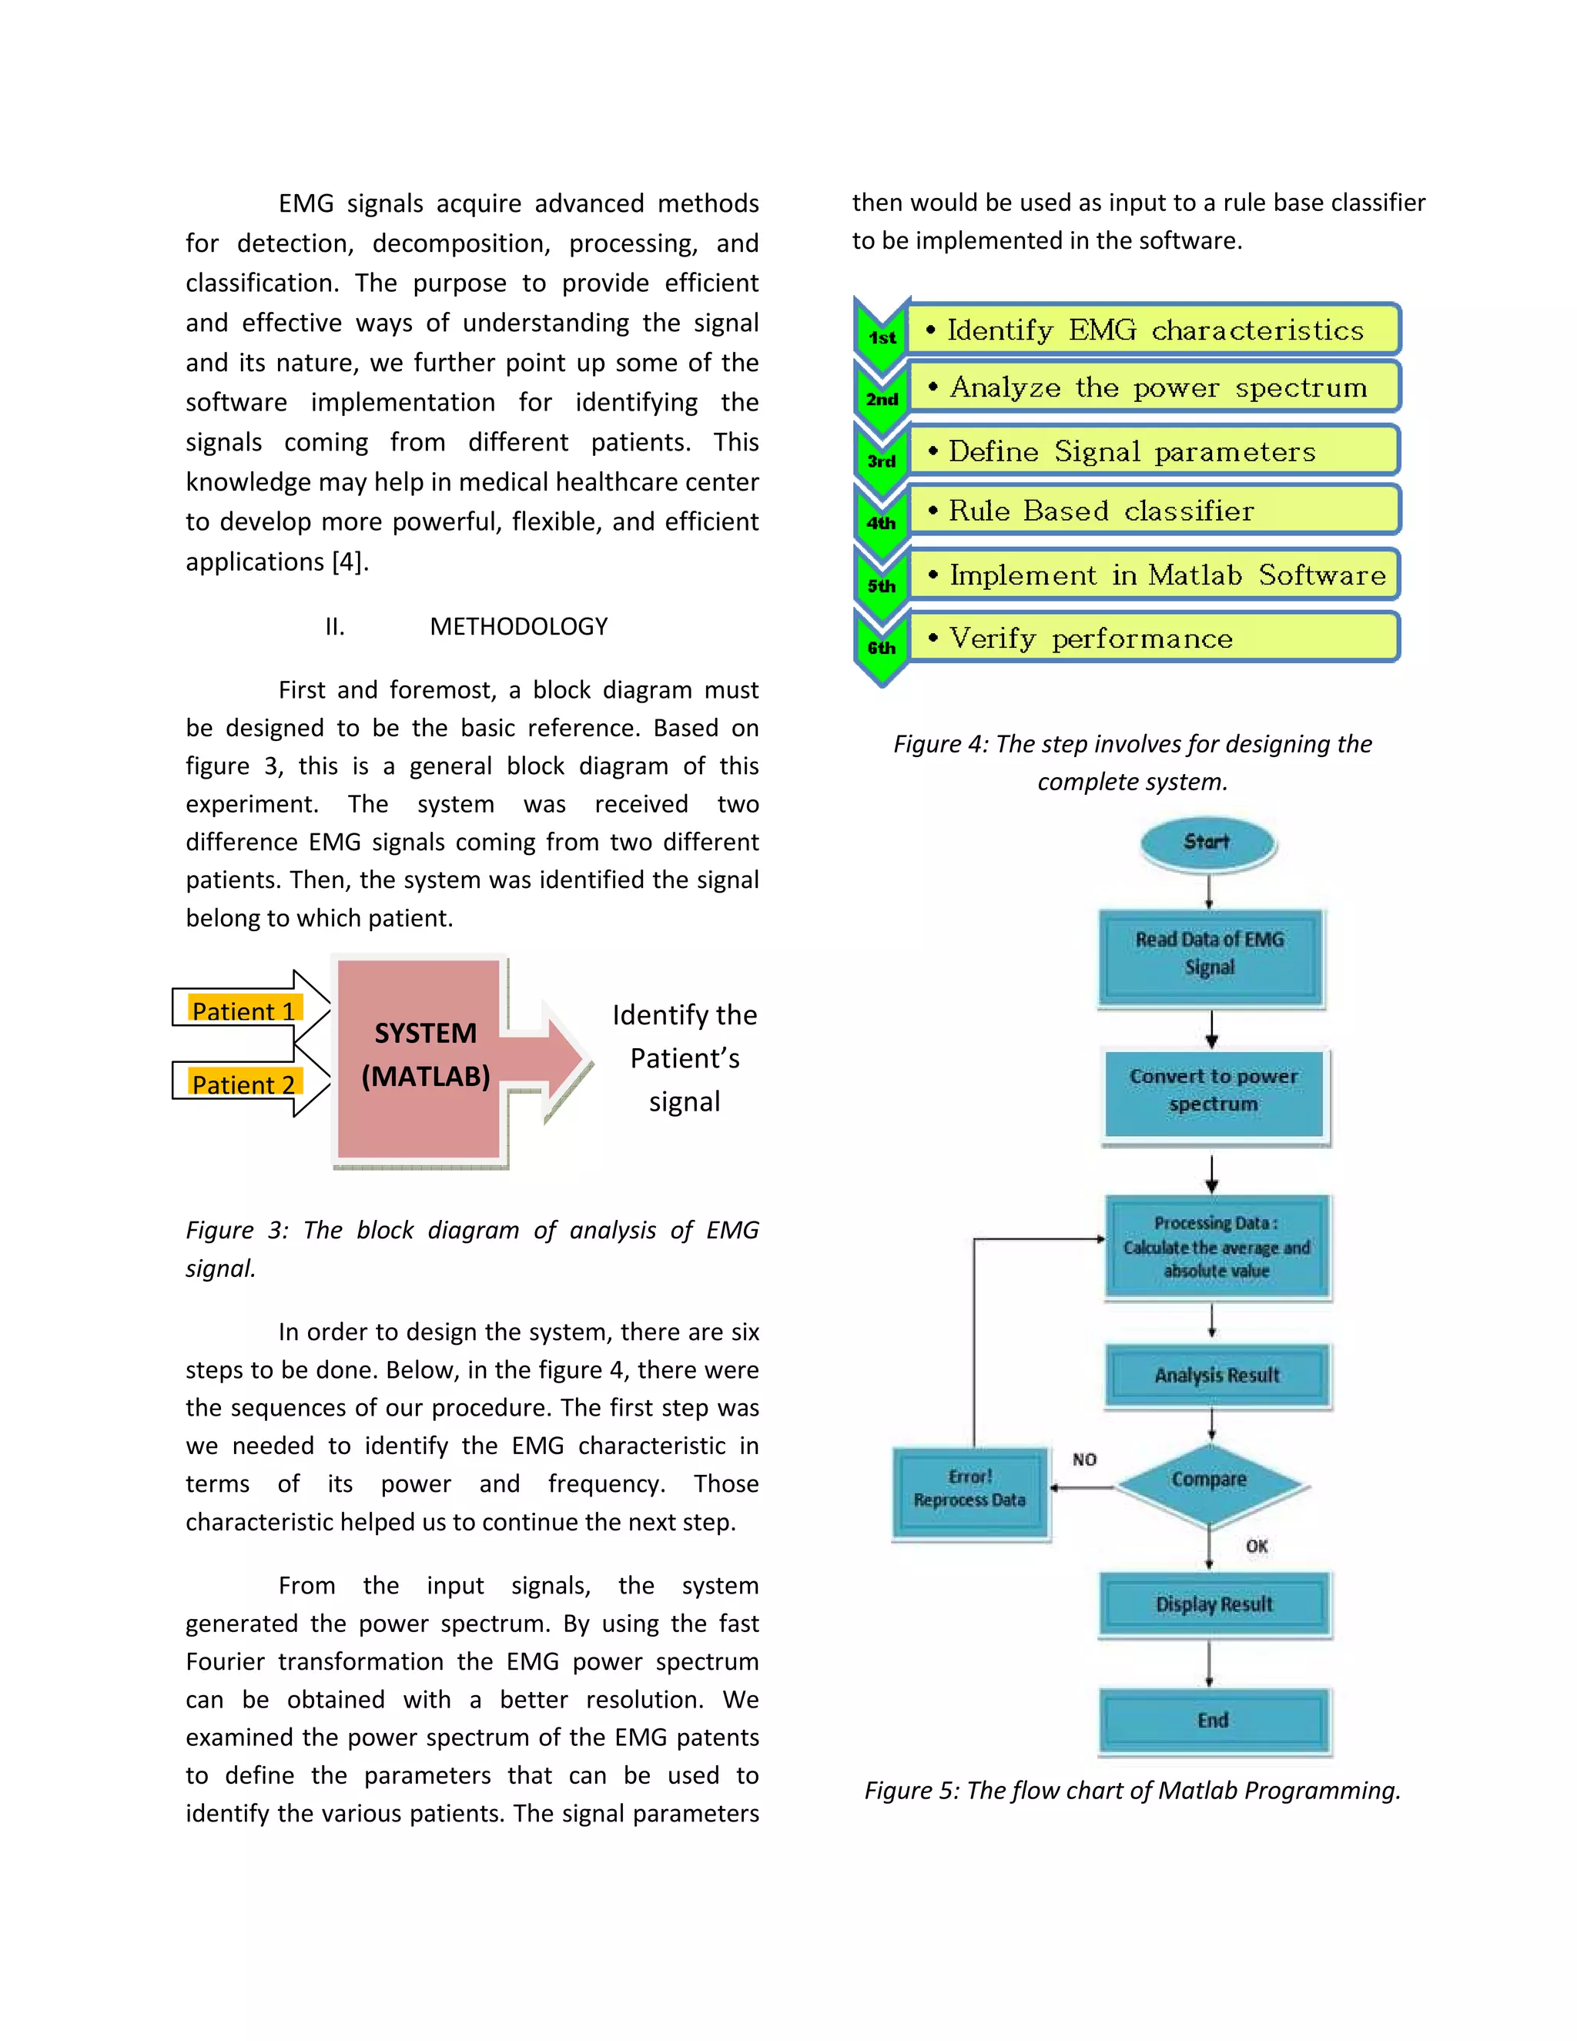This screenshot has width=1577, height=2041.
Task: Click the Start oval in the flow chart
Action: pyautogui.click(x=1208, y=842)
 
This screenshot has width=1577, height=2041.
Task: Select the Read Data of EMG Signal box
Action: pyautogui.click(x=1210, y=956)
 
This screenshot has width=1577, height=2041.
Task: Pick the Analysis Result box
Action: pyautogui.click(x=1217, y=1375)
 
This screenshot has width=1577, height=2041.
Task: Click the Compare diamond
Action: pyautogui.click(x=1209, y=1480)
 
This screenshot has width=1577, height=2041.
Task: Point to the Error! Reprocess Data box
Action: pyautogui.click(x=969, y=1490)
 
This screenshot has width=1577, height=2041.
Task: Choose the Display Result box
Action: pyautogui.click(x=1214, y=1604)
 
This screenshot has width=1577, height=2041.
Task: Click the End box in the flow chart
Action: pyautogui.click(x=1214, y=1721)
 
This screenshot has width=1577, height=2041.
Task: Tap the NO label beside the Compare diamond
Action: pyautogui.click(x=1083, y=1460)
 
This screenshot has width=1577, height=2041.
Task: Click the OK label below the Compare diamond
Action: pyautogui.click(x=1257, y=1546)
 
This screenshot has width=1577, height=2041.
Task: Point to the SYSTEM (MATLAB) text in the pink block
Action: pyautogui.click(x=425, y=1055)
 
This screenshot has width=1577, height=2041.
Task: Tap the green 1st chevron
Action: pyautogui.click(x=881, y=337)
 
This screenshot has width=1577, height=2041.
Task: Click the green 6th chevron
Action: pyautogui.click(x=881, y=648)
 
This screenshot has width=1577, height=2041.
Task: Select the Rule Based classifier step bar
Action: pyautogui.click(x=1153, y=511)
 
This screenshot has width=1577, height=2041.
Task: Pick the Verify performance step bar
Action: pyautogui.click(x=1153, y=638)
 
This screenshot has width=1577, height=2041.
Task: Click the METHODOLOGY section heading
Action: pyautogui.click(x=518, y=626)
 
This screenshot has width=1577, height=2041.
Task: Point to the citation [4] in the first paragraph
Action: pyautogui.click(x=350, y=561)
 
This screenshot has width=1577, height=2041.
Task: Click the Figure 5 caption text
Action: pyautogui.click(x=1132, y=1790)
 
